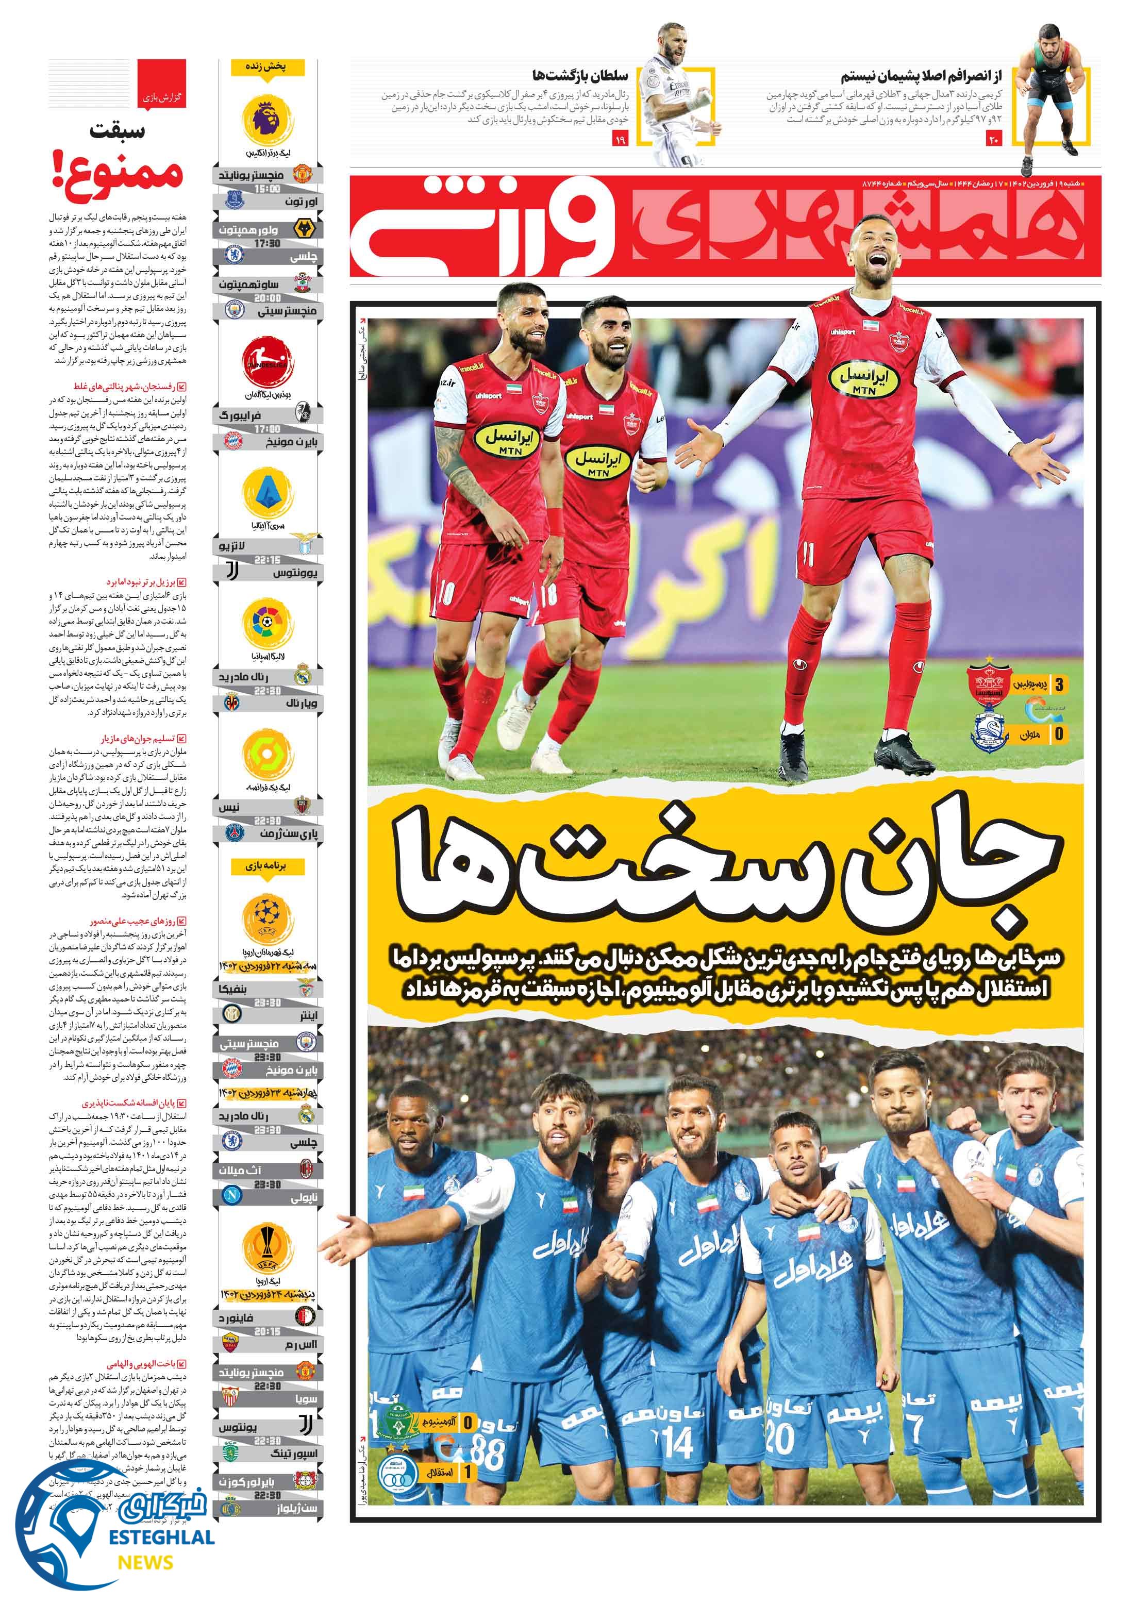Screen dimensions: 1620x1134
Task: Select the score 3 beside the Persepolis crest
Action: pyautogui.click(x=1059, y=684)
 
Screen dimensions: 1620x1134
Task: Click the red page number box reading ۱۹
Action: pyautogui.click(x=620, y=139)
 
